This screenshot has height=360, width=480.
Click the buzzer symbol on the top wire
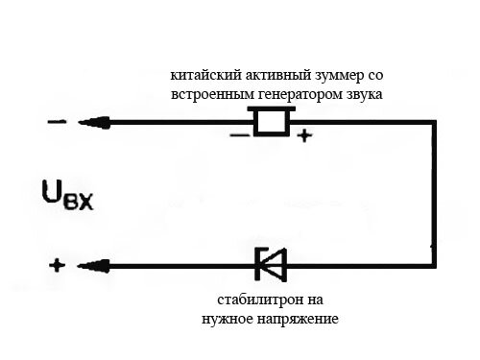(269, 121)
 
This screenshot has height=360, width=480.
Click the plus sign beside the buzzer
(304, 136)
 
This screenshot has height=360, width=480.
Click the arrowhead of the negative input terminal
(89, 122)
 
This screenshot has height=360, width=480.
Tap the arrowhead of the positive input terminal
(89, 266)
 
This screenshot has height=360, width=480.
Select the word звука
(364, 94)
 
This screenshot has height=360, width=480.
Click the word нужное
(228, 318)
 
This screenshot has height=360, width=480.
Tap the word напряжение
(298, 318)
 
